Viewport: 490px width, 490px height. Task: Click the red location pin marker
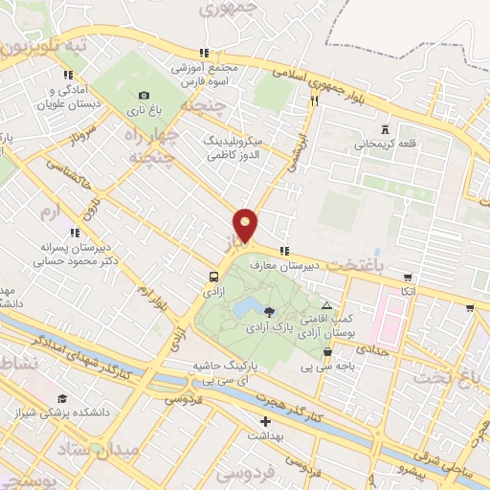click(246, 224)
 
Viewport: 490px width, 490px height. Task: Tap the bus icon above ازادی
click(212, 277)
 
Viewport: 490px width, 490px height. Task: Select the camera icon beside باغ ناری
click(144, 95)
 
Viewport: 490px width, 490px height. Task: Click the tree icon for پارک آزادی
click(269, 311)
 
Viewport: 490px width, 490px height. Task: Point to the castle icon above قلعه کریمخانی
click(385, 129)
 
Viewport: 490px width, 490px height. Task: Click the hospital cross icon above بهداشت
click(265, 421)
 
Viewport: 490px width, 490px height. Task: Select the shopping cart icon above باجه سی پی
click(327, 351)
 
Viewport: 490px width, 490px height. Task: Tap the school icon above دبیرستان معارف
click(283, 251)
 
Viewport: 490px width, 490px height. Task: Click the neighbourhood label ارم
click(52, 207)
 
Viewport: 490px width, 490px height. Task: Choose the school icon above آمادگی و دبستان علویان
click(67, 75)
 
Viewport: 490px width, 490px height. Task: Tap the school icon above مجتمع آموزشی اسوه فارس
click(203, 53)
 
